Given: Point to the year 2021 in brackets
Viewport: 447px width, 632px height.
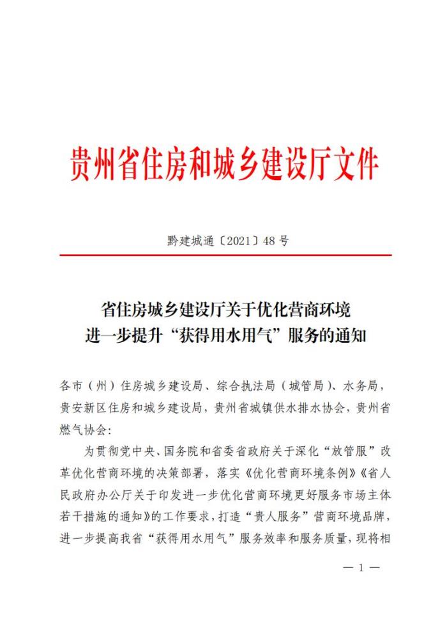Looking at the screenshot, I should [x=232, y=241].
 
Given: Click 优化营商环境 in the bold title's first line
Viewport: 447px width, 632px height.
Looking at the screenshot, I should [x=309, y=311].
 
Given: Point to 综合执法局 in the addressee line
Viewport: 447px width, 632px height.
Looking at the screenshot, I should [x=239, y=387].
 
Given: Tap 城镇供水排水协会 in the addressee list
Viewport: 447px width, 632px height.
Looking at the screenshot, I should [x=294, y=408].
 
